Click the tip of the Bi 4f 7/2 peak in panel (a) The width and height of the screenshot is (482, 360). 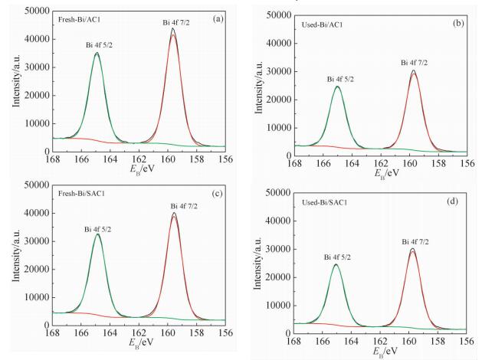[x=173, y=29]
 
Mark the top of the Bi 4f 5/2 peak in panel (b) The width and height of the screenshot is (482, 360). [x=337, y=86]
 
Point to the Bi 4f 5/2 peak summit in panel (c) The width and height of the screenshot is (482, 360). [x=97, y=234]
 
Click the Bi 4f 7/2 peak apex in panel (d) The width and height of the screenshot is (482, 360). [x=412, y=248]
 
